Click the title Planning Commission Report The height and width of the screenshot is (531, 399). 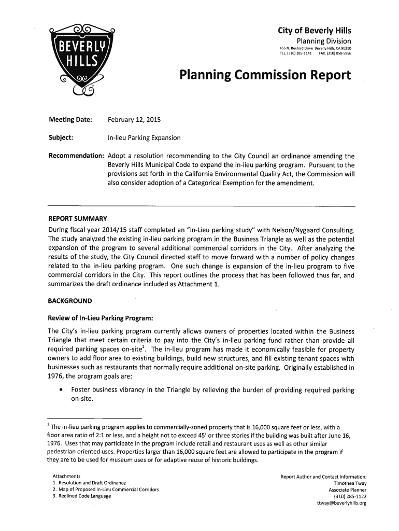click(x=265, y=76)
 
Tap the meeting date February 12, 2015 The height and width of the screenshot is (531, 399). click(x=134, y=120)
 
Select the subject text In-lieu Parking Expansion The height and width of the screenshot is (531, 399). click(x=144, y=138)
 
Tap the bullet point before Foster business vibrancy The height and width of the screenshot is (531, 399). click(x=62, y=389)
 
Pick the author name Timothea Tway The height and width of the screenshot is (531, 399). click(x=348, y=483)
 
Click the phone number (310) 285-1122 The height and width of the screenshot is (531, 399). click(x=351, y=496)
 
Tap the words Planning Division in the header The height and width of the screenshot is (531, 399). click(x=323, y=41)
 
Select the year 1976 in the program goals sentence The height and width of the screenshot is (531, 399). click(x=56, y=377)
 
